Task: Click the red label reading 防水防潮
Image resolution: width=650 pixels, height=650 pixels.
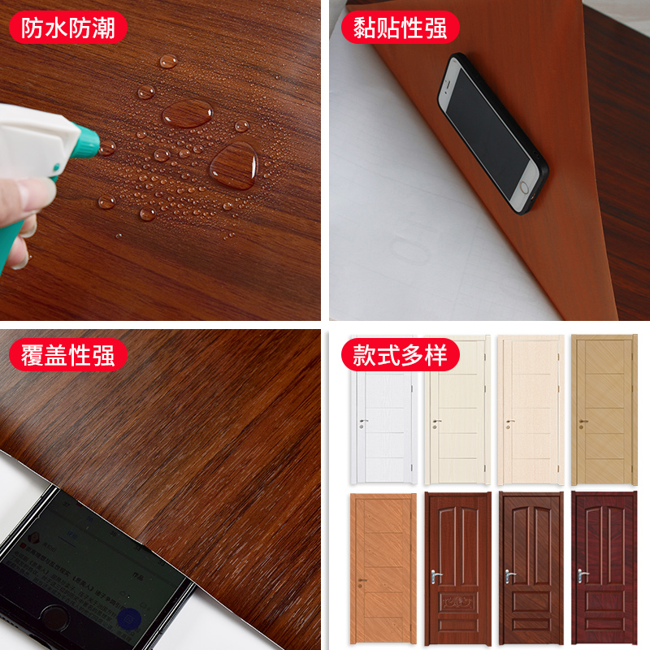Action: (67, 28)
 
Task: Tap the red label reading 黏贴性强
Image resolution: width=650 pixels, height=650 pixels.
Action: (400, 28)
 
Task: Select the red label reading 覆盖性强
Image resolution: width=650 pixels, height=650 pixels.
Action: (67, 355)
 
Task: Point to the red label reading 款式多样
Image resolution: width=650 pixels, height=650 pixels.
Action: (400, 355)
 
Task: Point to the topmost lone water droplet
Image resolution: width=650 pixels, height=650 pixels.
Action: (168, 60)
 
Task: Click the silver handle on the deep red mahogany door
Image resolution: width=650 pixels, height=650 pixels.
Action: (582, 574)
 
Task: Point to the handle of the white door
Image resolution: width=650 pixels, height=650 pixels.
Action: (362, 422)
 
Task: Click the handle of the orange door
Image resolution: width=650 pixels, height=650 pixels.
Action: (362, 580)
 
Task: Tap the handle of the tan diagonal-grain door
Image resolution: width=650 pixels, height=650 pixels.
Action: (582, 422)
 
